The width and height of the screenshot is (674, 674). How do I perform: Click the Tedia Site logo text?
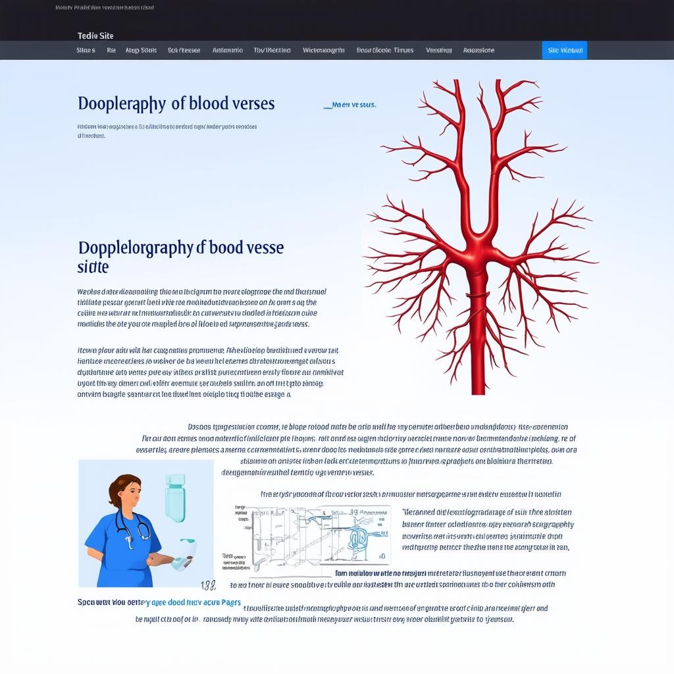95,36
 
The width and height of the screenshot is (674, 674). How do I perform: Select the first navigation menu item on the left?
86,50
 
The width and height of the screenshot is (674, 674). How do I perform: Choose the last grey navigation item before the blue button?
479,50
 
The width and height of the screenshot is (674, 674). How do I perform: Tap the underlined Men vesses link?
350,105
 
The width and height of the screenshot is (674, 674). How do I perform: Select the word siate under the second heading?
93,267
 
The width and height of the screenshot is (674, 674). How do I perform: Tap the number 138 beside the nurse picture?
208,584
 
